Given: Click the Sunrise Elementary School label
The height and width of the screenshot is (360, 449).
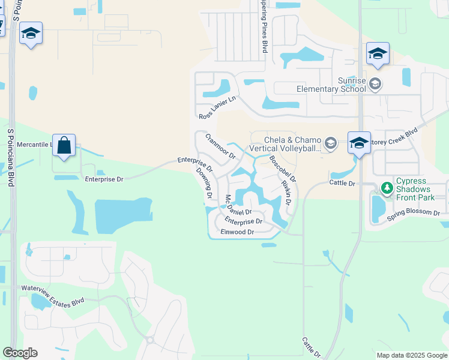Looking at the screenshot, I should click(334, 85).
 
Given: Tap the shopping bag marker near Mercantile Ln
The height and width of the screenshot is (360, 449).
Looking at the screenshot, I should click(64, 145).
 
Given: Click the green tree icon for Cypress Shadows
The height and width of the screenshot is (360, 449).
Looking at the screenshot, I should click(388, 188).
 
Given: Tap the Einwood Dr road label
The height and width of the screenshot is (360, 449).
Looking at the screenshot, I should click(238, 232).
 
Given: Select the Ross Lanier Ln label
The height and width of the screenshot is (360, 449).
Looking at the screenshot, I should click(217, 107).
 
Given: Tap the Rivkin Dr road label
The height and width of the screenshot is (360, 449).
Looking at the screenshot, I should click(286, 194).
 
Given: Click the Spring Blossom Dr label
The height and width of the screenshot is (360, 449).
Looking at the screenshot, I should click(417, 214).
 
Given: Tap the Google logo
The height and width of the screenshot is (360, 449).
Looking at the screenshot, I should click(20, 353).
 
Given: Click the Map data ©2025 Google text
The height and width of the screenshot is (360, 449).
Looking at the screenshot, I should click(412, 355).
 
